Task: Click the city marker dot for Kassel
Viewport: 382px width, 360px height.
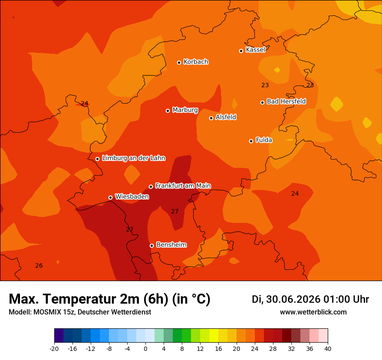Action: click(241, 51)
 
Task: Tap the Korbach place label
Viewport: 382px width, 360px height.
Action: click(196, 62)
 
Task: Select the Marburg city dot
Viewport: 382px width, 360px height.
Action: click(168, 111)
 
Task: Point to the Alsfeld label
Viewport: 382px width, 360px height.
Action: click(226, 117)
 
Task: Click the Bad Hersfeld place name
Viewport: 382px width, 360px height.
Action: click(286, 101)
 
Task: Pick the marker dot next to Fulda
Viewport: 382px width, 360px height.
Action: click(251, 141)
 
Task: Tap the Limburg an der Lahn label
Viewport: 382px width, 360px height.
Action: click(134, 158)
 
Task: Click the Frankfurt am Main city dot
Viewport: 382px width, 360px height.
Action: click(151, 187)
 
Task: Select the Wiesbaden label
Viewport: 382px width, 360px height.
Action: click(132, 196)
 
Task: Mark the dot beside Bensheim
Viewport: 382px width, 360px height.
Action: click(151, 245)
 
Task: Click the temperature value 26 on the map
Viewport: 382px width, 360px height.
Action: click(39, 265)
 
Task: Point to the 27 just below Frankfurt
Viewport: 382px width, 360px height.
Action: click(175, 211)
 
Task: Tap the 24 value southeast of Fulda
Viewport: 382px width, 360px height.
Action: click(295, 193)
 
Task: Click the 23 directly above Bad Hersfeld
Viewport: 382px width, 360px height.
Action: click(265, 85)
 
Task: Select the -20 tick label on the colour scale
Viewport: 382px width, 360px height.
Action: click(54, 349)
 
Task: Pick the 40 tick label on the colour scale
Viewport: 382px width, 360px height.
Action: click(328, 349)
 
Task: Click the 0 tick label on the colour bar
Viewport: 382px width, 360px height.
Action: click(145, 349)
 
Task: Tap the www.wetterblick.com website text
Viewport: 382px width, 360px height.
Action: click(313, 312)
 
